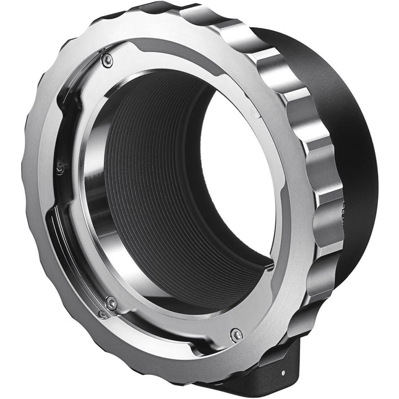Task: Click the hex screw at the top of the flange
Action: coord(108,59)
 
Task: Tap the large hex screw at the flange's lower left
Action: coord(111,303)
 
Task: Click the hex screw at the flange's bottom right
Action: coord(236,335)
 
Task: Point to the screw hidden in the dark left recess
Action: coord(59,167)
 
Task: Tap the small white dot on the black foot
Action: coord(283,372)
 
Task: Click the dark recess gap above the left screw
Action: coord(65,124)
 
